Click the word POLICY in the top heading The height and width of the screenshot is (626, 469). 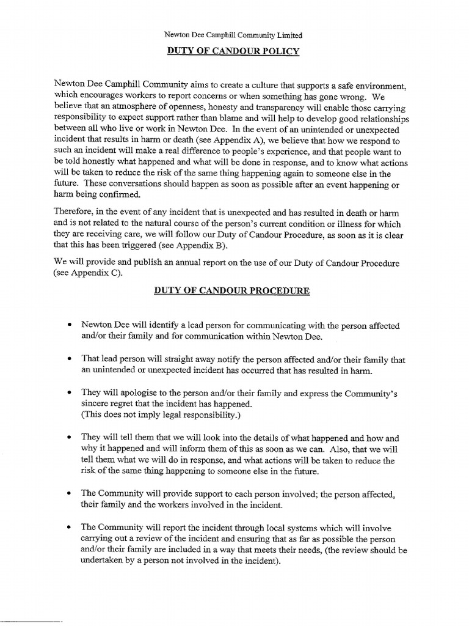point(277,51)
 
